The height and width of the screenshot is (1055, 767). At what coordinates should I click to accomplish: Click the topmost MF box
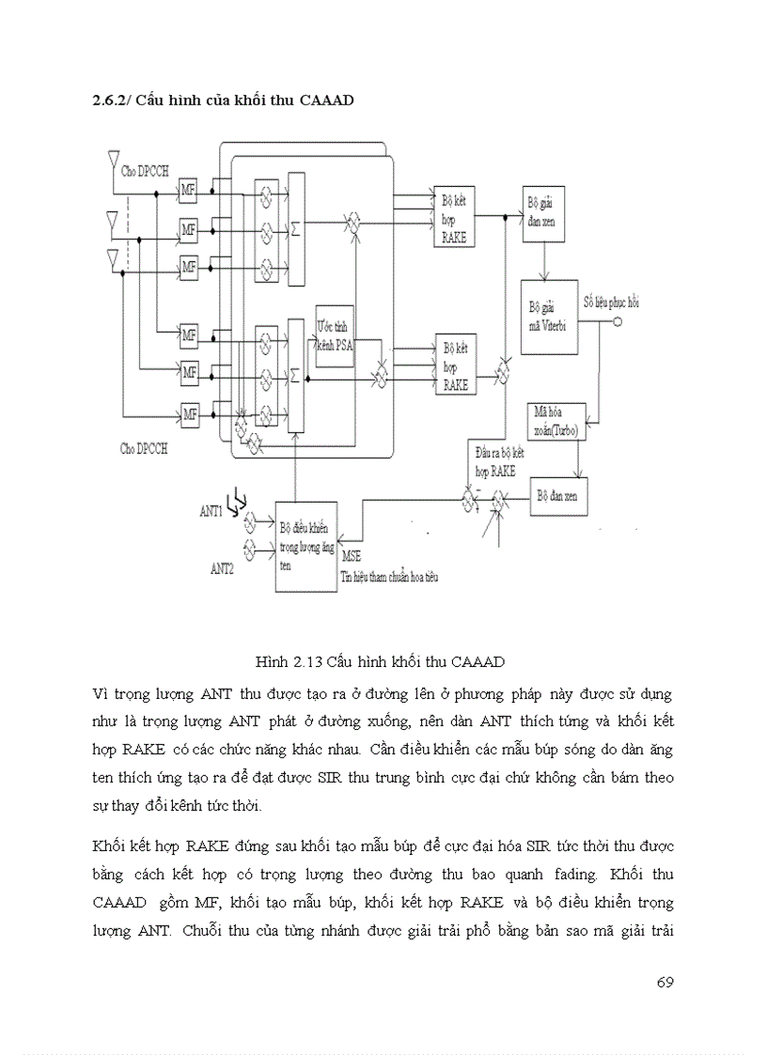coord(189,191)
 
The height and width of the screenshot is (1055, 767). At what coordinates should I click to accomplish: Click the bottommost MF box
coord(189,412)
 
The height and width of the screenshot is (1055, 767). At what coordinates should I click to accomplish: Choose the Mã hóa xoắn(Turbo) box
coord(556,420)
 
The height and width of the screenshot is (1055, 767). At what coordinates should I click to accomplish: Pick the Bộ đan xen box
coord(560,496)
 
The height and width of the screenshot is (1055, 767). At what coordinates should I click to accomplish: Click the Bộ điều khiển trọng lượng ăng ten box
coord(306,546)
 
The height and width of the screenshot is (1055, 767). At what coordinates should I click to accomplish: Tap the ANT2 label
coord(222,568)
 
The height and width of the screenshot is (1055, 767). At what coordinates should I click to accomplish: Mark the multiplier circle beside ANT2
coord(250,547)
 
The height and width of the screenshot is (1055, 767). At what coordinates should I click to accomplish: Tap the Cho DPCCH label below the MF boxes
coord(144,448)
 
